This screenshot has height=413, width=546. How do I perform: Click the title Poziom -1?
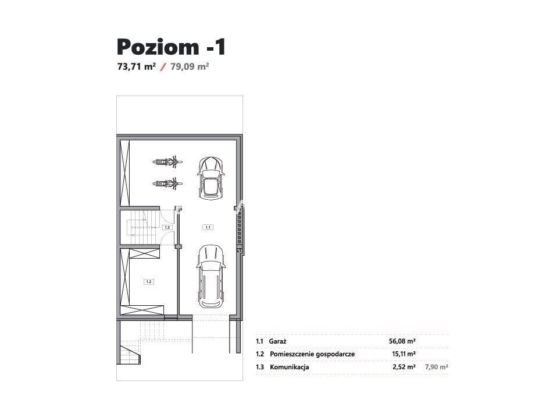pyautogui.click(x=172, y=47)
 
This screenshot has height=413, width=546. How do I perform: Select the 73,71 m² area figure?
pyautogui.click(x=137, y=66)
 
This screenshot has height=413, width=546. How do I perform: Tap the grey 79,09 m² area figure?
pyautogui.click(x=190, y=66)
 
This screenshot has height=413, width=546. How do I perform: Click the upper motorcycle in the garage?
pyautogui.click(x=167, y=161)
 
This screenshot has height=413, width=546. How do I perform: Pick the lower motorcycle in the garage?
pyautogui.click(x=167, y=183)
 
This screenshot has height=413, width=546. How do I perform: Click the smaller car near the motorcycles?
pyautogui.click(x=210, y=178)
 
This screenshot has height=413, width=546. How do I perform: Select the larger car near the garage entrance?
pyautogui.click(x=210, y=276)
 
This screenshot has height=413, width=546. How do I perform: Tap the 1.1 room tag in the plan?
pyautogui.click(x=208, y=227)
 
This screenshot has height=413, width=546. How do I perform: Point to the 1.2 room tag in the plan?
pyautogui.click(x=149, y=281)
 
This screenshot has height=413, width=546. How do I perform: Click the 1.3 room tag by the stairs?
pyautogui.click(x=167, y=227)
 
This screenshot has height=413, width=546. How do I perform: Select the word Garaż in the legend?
pyautogui.click(x=277, y=341)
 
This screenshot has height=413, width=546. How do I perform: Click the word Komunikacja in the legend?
pyautogui.click(x=290, y=367)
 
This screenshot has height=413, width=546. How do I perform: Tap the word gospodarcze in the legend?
pyautogui.click(x=335, y=354)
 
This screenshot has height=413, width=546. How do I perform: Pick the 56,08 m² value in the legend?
pyautogui.click(x=402, y=341)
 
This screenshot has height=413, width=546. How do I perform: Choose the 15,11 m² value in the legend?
pyautogui.click(x=404, y=354)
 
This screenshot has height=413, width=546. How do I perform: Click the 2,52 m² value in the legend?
pyautogui.click(x=404, y=367)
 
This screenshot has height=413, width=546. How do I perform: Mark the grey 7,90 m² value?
pyautogui.click(x=437, y=367)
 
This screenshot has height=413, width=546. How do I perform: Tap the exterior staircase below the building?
pyautogui.click(x=130, y=354)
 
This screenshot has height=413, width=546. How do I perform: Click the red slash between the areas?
pyautogui.click(x=163, y=66)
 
